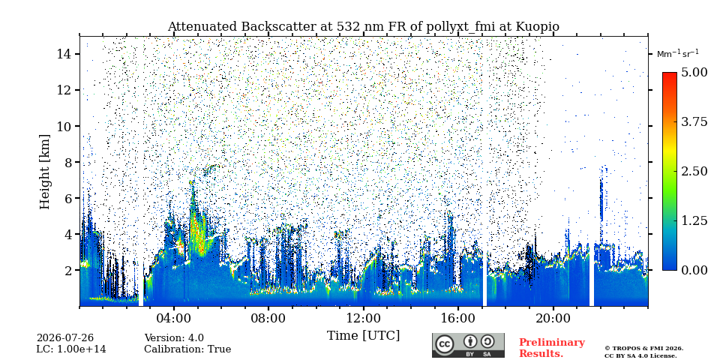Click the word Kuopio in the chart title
tap(538, 27)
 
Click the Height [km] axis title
tap(44, 172)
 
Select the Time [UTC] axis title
tap(363, 336)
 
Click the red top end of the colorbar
tap(670, 74)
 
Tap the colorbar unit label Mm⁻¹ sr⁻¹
tap(678, 54)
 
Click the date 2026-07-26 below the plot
tap(65, 338)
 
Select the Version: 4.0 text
tap(174, 338)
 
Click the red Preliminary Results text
tap(552, 348)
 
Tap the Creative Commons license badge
tap(468, 345)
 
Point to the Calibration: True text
tap(187, 349)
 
